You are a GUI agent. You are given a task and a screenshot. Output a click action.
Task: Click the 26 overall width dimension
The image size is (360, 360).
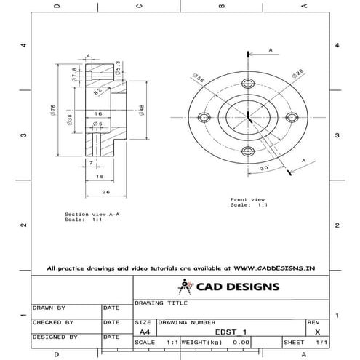pyautogui.click(x=106, y=193)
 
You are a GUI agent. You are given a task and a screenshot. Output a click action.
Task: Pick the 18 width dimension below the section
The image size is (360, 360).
pyautogui.click(x=99, y=177)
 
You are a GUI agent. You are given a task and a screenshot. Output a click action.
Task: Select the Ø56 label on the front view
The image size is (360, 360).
pyautogui.click(x=196, y=77)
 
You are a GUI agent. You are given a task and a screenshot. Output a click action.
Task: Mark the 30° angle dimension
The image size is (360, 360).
pyautogui.click(x=264, y=167)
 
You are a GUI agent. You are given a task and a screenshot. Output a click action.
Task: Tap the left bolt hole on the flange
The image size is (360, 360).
pyautogui.click(x=202, y=117)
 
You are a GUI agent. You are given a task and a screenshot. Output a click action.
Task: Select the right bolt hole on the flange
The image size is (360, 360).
pyautogui.click(x=293, y=117)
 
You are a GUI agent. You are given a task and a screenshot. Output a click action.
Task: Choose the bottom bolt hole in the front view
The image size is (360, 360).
pyautogui.click(x=249, y=153)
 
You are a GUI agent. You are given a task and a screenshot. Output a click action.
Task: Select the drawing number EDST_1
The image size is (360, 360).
pyautogui.click(x=236, y=332)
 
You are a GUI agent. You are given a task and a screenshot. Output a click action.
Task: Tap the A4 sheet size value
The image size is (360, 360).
pyautogui.click(x=144, y=332)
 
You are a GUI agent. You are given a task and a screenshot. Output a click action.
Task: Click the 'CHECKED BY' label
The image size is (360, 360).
pyautogui.click(x=52, y=321)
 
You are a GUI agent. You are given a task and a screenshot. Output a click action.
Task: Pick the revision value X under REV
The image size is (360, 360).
pyautogui.click(x=314, y=332)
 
